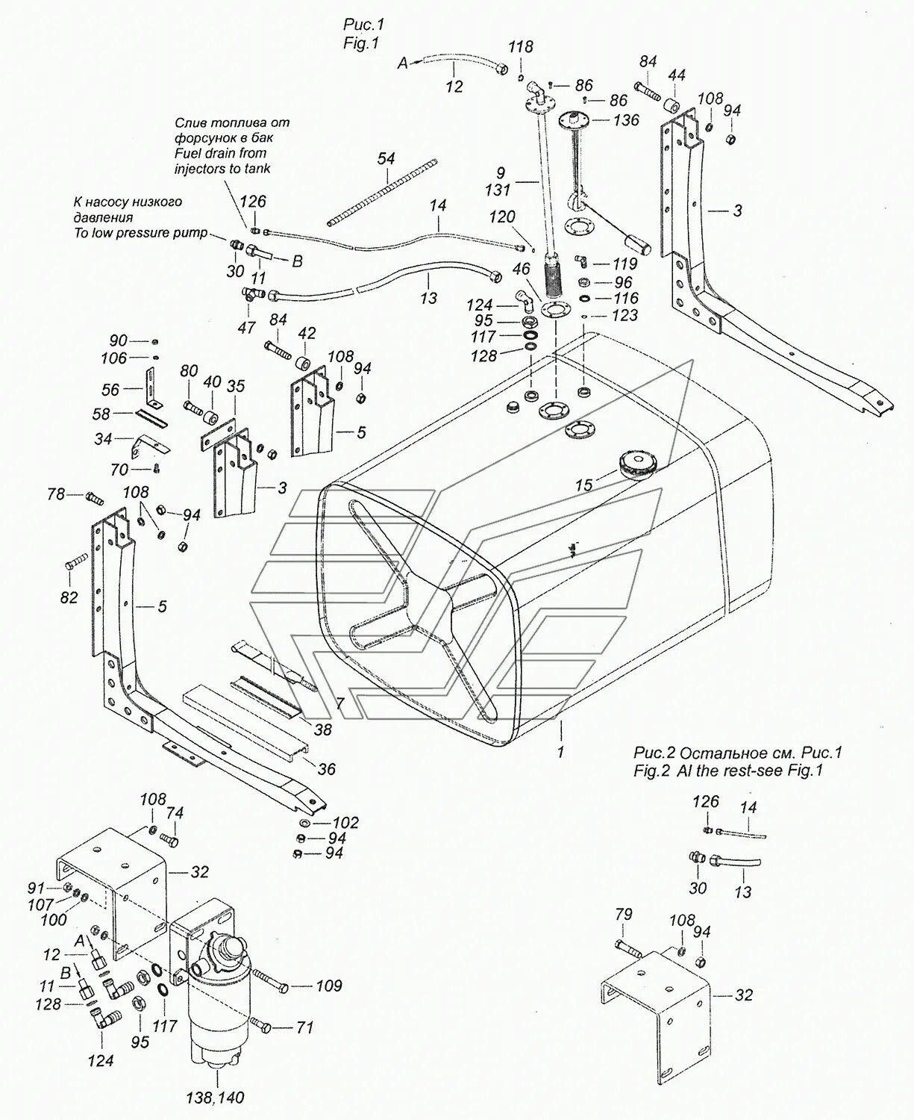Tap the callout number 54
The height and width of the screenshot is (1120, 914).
(x=386, y=158)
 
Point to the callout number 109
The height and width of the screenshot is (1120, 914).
(x=328, y=986)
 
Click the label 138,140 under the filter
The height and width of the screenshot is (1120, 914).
(x=215, y=1098)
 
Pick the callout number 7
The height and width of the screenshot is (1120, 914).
(x=339, y=703)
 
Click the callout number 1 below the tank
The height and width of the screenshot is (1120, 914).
(x=560, y=752)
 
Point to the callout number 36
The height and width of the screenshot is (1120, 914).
(x=326, y=768)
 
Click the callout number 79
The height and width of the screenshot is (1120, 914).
(x=624, y=915)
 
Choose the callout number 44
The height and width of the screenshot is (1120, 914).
(x=677, y=75)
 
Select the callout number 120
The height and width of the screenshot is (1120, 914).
(x=501, y=217)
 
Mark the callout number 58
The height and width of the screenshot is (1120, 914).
(x=101, y=414)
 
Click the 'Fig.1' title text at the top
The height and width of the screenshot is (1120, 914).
(x=362, y=44)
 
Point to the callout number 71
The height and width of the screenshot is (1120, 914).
(x=305, y=1028)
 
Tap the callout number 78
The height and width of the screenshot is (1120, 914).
(x=57, y=494)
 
